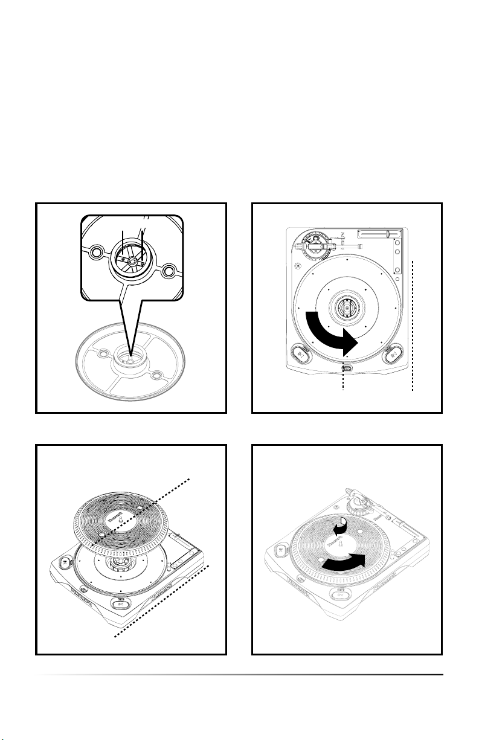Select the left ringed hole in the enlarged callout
pyautogui.click(x=94, y=252)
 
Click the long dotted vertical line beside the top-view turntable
pyautogui.click(x=413, y=326)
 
